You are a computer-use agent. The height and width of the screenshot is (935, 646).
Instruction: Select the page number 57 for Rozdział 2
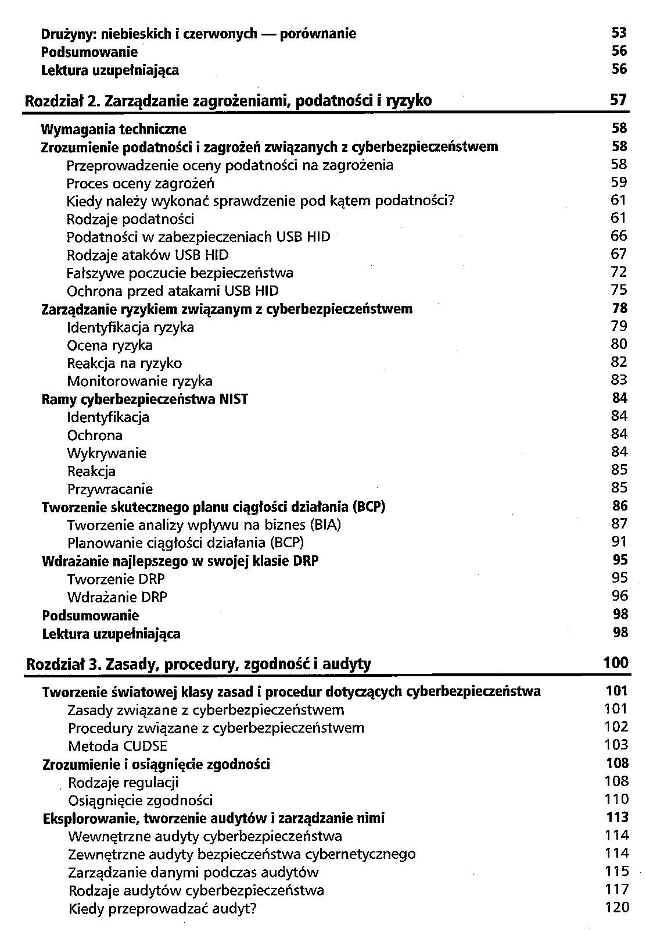[x=619, y=100]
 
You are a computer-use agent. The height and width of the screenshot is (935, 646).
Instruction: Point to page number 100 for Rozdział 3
[x=616, y=663]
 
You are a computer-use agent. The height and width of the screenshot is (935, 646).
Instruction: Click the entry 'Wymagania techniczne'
[x=114, y=129]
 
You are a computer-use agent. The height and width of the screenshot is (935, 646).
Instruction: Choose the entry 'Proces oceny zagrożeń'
[x=141, y=183]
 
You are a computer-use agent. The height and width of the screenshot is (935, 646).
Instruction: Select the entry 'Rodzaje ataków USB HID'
[x=148, y=255]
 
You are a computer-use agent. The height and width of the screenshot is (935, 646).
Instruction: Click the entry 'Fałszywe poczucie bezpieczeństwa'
[x=180, y=273]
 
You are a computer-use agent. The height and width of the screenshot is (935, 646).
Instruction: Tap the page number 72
[x=619, y=272]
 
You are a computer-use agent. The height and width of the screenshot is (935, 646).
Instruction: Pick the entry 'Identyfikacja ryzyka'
[x=131, y=327]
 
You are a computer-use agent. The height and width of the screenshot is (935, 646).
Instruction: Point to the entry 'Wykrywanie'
[x=107, y=454]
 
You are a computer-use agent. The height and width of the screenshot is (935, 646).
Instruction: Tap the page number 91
[x=619, y=542]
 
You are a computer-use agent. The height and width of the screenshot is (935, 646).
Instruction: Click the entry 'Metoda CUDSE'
[x=117, y=747]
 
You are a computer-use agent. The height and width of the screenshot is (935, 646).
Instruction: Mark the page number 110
[x=616, y=800]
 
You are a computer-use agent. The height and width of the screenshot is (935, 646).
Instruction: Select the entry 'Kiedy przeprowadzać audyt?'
[x=162, y=908]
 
